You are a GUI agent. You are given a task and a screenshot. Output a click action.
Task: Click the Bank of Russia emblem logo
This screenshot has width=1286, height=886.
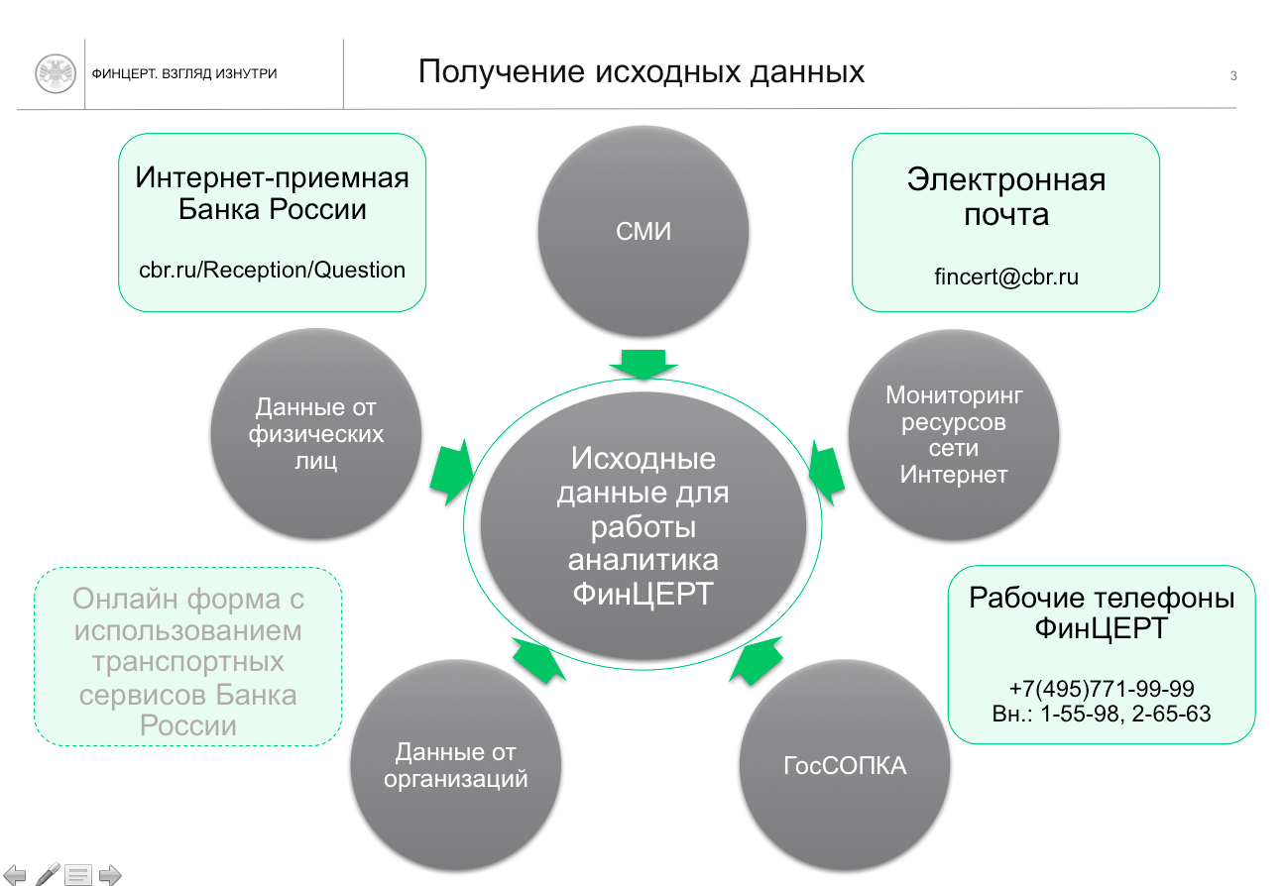click(56, 74)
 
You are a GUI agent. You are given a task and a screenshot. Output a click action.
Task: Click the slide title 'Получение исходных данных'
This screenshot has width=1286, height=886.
click(641, 72)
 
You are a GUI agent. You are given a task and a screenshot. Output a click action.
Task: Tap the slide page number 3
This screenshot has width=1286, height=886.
click(1233, 75)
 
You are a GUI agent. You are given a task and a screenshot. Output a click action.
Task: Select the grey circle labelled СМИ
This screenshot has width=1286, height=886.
click(643, 232)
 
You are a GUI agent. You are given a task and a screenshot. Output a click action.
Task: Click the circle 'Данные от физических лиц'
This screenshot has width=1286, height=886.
click(316, 433)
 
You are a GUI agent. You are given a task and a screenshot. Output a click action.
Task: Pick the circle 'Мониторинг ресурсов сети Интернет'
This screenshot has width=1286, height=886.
click(954, 434)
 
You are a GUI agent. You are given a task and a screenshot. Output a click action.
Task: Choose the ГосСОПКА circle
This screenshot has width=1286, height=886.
click(845, 766)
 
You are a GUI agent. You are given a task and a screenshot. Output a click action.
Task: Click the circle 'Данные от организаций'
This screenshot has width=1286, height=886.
click(456, 766)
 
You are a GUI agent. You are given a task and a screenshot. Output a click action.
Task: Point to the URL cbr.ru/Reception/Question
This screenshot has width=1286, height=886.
click(272, 270)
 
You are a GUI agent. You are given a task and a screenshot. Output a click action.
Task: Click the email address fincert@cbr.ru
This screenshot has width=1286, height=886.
click(1005, 277)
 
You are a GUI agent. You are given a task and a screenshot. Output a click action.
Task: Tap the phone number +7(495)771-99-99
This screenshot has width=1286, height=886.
click(1101, 689)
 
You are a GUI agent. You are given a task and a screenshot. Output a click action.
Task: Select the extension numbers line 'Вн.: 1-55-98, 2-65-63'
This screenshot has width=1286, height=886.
click(1101, 713)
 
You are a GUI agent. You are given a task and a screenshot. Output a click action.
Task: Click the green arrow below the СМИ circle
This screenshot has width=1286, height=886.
click(643, 364)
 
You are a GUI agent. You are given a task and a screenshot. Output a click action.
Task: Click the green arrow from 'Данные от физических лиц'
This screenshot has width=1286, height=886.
click(452, 471)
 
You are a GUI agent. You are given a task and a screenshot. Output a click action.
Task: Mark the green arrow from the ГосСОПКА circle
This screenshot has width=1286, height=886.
click(753, 661)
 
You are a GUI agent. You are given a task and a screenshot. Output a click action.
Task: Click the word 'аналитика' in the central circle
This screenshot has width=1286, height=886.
click(643, 559)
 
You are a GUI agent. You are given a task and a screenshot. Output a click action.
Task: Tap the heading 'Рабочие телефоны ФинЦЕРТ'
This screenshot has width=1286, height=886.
click(1101, 613)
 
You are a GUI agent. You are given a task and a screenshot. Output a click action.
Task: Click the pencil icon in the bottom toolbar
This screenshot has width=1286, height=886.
click(48, 873)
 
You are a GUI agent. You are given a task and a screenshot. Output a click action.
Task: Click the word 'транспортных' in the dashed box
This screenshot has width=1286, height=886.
click(187, 662)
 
